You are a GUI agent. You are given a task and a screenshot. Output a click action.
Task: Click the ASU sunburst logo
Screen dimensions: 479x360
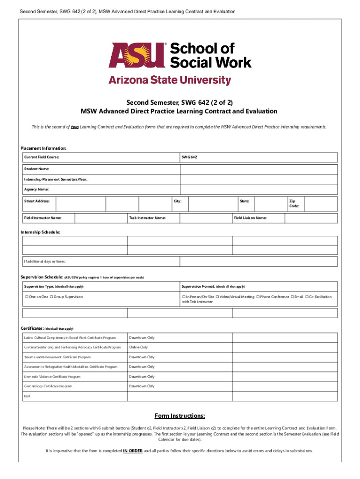click(x=138, y=56)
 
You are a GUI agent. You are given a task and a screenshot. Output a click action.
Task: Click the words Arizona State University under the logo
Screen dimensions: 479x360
click(x=170, y=80)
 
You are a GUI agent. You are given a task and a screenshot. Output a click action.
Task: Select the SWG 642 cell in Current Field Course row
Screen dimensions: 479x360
click(x=189, y=158)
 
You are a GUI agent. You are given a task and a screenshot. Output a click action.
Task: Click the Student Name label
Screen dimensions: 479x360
click(x=36, y=168)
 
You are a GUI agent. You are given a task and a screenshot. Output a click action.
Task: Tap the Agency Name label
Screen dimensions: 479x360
click(x=36, y=189)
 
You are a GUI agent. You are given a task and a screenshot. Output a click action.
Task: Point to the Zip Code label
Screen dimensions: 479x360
click(x=294, y=203)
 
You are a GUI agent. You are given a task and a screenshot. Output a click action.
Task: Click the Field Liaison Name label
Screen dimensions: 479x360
click(x=250, y=218)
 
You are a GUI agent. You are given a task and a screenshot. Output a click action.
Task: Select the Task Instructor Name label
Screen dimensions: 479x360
click(x=147, y=218)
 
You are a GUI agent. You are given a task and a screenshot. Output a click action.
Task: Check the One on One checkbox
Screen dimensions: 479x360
click(x=26, y=297)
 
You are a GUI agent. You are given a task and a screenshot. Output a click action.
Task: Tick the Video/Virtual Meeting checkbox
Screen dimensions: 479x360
click(x=217, y=297)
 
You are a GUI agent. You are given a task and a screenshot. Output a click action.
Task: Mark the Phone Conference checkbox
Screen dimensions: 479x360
click(x=258, y=297)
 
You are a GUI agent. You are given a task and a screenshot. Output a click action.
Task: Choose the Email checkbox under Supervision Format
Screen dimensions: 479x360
click(x=292, y=297)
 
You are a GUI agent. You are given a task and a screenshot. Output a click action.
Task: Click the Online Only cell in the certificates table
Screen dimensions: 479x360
click(x=138, y=347)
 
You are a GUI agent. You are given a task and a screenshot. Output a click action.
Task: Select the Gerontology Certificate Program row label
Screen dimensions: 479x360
click(x=48, y=386)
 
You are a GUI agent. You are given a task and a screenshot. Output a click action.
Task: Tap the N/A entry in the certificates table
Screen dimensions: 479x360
click(x=27, y=396)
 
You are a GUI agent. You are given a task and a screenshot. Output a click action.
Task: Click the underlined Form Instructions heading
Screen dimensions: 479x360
click(x=180, y=416)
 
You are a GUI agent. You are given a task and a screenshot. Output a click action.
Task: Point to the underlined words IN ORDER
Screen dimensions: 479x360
click(x=133, y=451)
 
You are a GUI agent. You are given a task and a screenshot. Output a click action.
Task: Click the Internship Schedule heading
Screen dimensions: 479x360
click(x=40, y=232)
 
